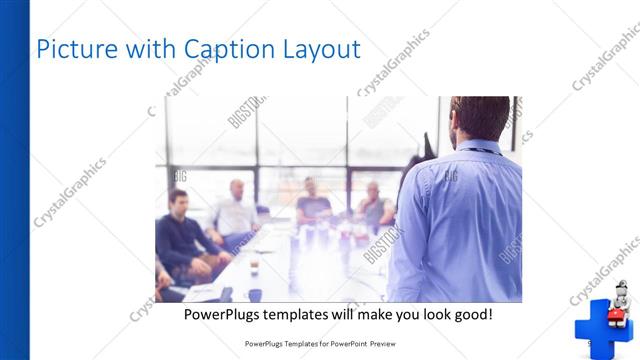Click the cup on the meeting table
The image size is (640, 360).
coord(254,265)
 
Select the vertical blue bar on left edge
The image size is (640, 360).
coord(14,180)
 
